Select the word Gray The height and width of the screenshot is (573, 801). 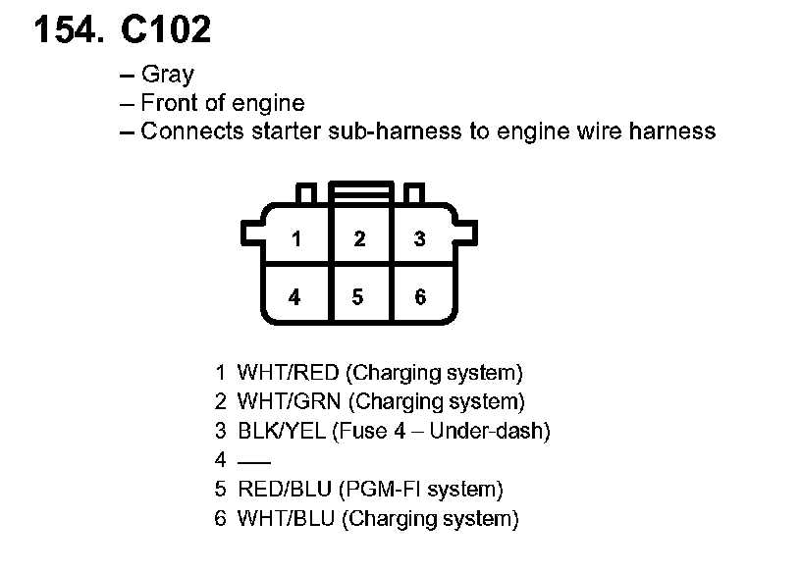(x=168, y=75)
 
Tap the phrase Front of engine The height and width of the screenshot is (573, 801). (x=223, y=103)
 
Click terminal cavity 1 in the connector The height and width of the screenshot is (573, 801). (x=296, y=238)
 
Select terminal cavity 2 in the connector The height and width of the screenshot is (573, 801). (x=359, y=238)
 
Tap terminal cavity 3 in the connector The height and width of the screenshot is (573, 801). (x=420, y=238)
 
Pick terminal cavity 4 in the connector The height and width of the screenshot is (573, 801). (x=295, y=296)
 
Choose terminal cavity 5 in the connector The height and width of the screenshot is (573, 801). (x=358, y=296)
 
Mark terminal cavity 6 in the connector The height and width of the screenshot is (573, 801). (x=420, y=296)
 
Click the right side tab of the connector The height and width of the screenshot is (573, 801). (x=468, y=233)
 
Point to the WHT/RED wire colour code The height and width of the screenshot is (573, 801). (x=288, y=373)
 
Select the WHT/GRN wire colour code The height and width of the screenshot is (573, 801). (x=289, y=401)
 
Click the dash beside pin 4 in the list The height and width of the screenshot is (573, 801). (x=254, y=460)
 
